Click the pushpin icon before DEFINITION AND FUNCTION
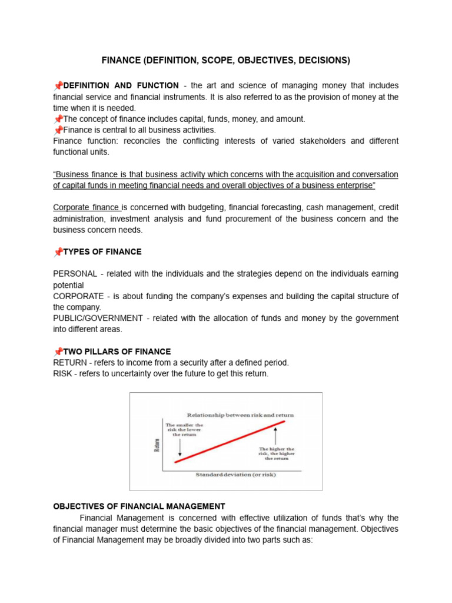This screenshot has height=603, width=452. tap(58, 86)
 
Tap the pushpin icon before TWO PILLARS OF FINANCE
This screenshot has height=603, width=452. tap(58, 352)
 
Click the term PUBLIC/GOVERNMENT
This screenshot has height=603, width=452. tap(98, 318)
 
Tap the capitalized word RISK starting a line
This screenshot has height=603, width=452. tap(63, 374)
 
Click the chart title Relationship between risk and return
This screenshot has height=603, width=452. tap(240, 415)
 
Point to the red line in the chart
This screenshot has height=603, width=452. tap(230, 442)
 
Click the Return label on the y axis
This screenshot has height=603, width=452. tap(156, 442)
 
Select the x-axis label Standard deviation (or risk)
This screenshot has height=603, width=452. tap(235, 474)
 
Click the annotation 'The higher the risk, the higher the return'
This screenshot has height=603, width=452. tap(277, 453)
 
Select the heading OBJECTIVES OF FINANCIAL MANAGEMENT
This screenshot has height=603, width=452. tap(139, 506)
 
